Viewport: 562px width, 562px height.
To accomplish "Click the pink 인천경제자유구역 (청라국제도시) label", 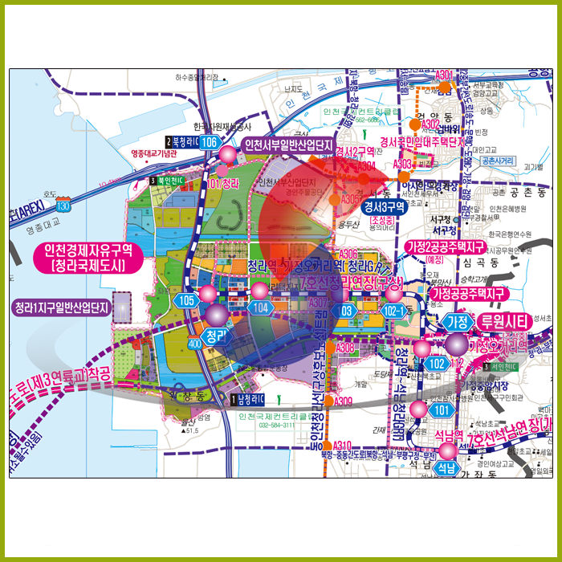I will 83,257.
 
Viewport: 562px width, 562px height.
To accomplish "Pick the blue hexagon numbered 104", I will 260,307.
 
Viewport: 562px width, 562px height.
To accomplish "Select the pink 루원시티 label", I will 502,321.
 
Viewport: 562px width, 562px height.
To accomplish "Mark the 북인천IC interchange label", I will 169,181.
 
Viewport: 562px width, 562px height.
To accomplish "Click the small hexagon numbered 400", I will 194,344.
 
